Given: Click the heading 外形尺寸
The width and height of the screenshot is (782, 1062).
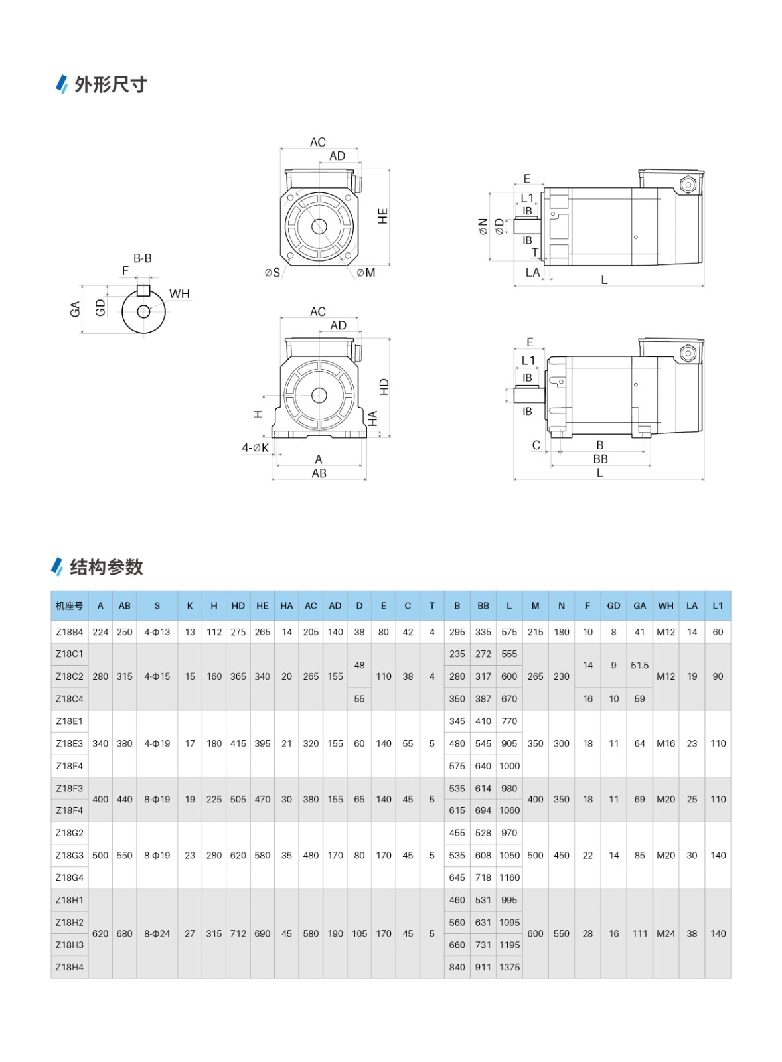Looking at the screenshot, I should point(110,85).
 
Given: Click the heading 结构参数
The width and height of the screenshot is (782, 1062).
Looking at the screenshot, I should point(106,567).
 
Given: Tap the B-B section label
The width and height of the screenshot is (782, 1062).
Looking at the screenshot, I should point(143,258).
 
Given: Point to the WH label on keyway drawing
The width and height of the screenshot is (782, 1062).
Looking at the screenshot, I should point(179,293).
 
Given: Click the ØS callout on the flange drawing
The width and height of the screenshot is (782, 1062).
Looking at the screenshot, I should point(272,273).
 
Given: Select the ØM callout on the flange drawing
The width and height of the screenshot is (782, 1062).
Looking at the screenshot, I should point(366,273).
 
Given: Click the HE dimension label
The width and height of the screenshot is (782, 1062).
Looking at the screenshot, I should point(383,216).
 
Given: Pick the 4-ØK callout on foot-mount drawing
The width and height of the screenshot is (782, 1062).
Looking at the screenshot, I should point(255,448).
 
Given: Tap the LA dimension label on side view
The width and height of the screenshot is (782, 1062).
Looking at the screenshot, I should point(532,273).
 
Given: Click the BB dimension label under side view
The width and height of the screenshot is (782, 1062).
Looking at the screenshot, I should point(600,459).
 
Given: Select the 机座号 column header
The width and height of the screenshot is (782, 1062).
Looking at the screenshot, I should point(69,605).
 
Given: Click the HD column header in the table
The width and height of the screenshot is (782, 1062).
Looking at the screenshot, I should point(238,605).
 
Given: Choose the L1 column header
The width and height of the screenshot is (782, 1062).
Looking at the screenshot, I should point(718,605).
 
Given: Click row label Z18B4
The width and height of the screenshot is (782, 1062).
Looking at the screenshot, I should point(69,632).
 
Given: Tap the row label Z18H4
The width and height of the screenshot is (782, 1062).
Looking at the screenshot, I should point(69,967).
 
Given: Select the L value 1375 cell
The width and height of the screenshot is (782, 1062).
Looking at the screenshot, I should point(509,967).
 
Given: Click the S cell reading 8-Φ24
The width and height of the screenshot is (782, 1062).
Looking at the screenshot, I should point(157,933).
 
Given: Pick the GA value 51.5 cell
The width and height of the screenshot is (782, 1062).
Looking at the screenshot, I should point(639,665).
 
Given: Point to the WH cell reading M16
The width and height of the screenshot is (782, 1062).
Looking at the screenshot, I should point(666,743).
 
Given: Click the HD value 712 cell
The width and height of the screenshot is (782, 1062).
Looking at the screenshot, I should point(238,933).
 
